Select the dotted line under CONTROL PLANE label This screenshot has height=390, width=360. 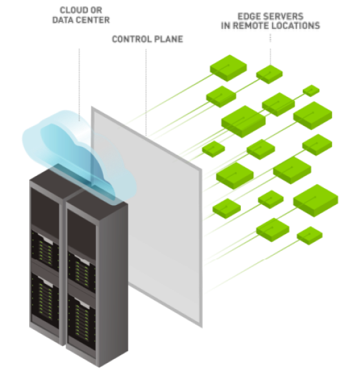pos(146,92)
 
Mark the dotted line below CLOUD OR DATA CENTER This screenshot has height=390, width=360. pos(79,85)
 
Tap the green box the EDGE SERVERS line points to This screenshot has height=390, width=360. pos(269,74)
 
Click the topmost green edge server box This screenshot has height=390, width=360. pos(229,68)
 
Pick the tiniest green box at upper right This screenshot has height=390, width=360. pos(311,91)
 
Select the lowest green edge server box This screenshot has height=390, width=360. pos(309,235)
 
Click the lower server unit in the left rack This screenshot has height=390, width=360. pos(45,298)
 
